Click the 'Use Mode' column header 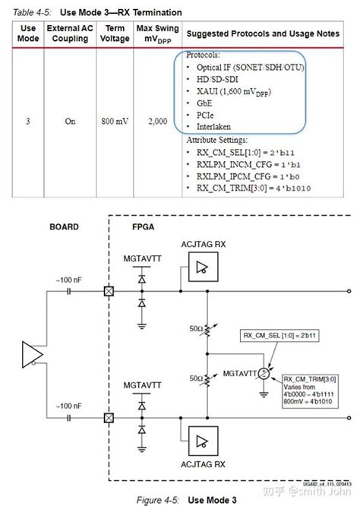(28, 34)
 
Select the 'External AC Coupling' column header (70, 34)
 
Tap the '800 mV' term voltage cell (114, 121)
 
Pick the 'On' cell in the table (70, 121)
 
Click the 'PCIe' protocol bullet (207, 114)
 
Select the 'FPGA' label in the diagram (145, 226)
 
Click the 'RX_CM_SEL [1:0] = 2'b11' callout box (275, 335)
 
